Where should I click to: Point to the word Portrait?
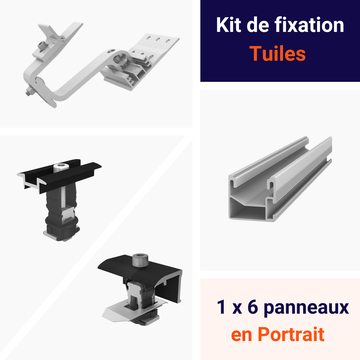click(291, 334)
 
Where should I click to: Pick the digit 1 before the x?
click(221, 308)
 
